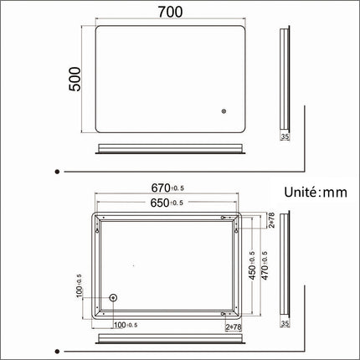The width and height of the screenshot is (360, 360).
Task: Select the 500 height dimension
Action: [75, 80]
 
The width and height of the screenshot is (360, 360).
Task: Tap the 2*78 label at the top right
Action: [271, 219]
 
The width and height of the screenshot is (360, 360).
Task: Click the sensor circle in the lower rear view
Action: [115, 298]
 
